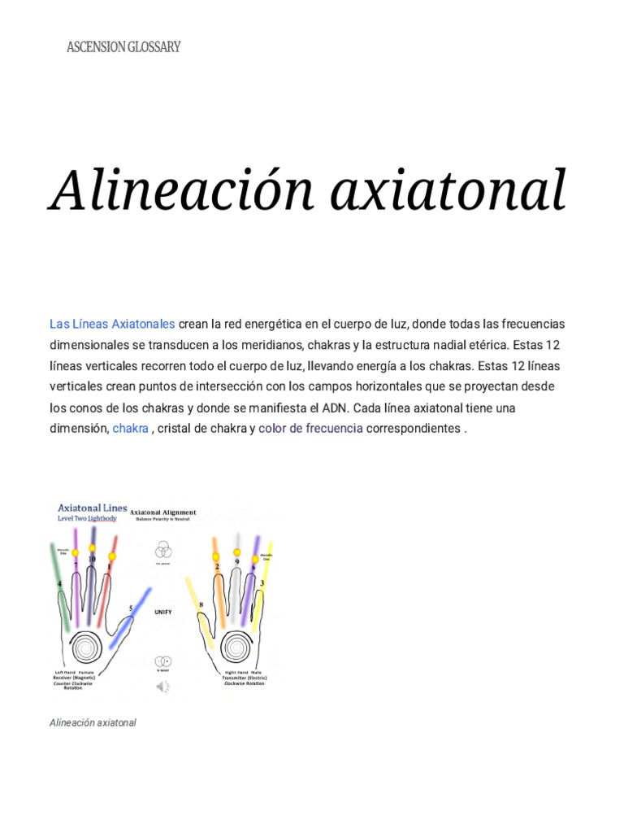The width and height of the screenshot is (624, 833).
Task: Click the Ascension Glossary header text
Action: (x=123, y=47)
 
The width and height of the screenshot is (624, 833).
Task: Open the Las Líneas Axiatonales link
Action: (x=112, y=324)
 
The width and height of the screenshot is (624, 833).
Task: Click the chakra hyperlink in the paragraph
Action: (x=130, y=428)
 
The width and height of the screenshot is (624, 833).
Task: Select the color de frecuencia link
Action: (x=310, y=428)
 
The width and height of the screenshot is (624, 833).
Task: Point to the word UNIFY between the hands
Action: (x=163, y=611)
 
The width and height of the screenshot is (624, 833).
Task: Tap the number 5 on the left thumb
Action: (x=131, y=608)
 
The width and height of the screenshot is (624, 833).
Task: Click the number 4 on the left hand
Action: (x=59, y=584)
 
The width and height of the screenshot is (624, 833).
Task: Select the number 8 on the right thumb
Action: (x=201, y=604)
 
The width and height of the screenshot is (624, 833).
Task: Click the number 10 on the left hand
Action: (x=92, y=560)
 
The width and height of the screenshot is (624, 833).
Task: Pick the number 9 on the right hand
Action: (x=236, y=561)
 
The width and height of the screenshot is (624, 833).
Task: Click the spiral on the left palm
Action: (x=84, y=648)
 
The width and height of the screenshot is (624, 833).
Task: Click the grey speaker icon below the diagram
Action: (x=162, y=687)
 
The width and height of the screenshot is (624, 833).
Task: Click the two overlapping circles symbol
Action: (x=162, y=661)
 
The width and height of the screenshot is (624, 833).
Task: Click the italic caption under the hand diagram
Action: (x=93, y=722)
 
